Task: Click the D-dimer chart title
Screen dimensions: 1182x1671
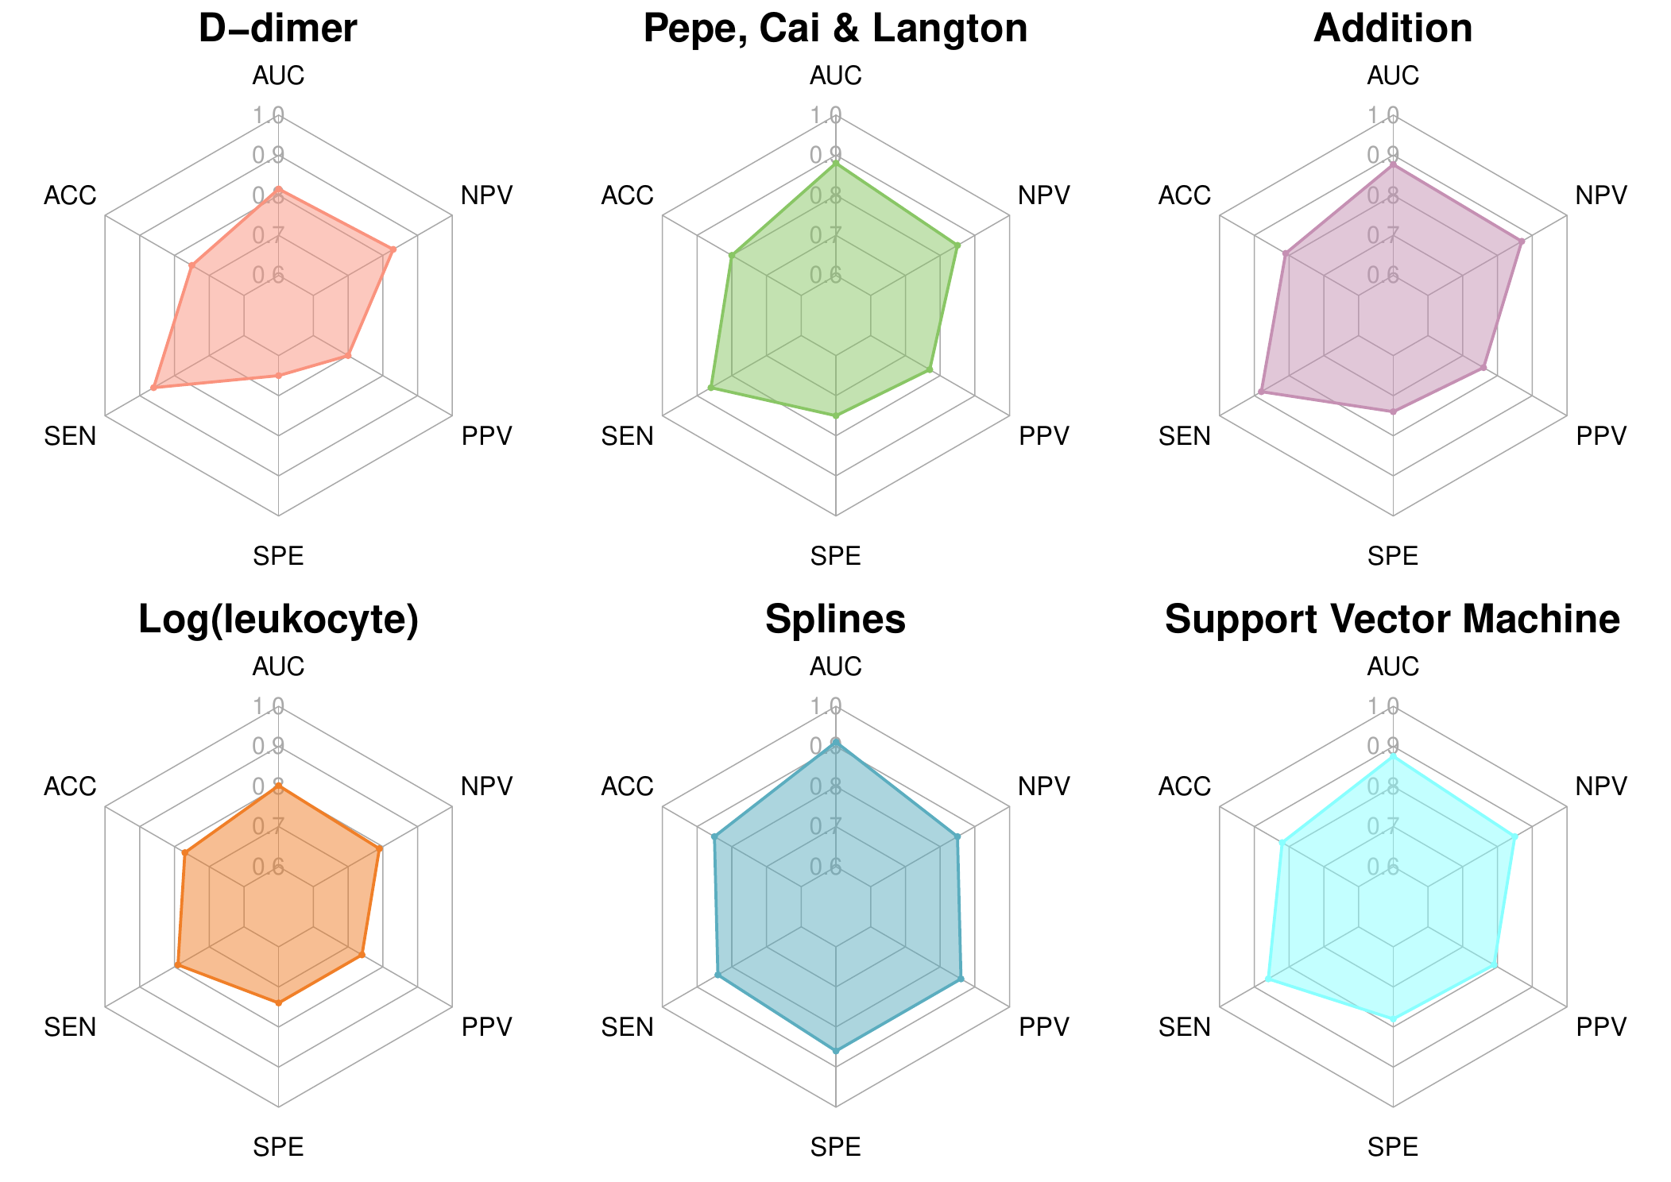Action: (277, 29)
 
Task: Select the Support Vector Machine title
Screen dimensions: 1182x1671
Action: (1392, 620)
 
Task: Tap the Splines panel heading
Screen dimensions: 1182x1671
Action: (835, 620)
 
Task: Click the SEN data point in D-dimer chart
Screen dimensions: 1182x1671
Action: (153, 388)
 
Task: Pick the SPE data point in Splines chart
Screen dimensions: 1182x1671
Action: (835, 1051)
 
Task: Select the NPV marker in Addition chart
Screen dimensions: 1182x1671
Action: (1521, 241)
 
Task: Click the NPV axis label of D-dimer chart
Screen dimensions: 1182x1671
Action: (487, 195)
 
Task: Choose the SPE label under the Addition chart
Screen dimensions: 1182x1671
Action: (1392, 556)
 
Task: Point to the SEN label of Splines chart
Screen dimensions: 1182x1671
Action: (627, 1028)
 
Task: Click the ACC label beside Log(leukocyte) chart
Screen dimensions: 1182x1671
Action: (70, 787)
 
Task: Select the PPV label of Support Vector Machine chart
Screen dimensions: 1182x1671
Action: (1601, 1028)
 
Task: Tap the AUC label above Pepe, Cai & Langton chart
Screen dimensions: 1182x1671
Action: (835, 76)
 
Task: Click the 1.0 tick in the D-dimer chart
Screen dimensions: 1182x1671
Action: (268, 117)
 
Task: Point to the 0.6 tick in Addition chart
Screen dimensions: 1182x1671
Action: (1383, 276)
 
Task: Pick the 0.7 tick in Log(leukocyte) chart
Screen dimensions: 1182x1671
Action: (268, 827)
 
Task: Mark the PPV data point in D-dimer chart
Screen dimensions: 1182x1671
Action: (347, 356)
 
